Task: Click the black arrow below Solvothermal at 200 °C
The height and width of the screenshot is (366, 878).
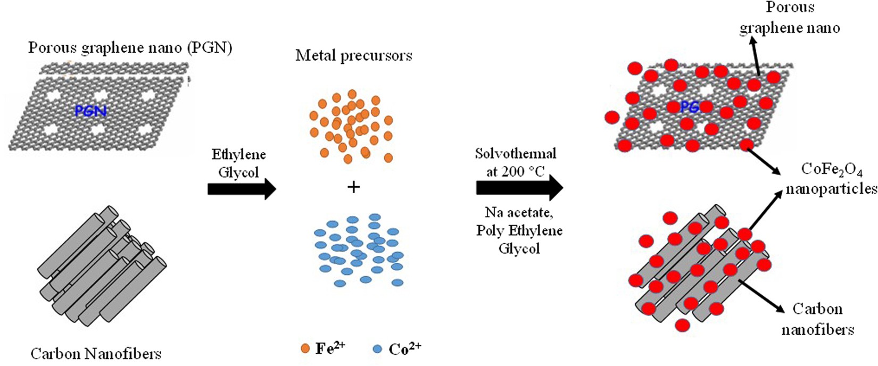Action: [519, 188]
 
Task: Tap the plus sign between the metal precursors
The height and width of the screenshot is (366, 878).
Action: [353, 187]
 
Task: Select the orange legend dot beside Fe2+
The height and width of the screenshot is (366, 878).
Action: [305, 348]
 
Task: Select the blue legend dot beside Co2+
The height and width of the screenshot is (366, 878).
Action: [377, 349]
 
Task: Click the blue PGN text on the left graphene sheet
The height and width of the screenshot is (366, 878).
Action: [90, 111]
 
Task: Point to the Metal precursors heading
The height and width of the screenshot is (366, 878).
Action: [354, 55]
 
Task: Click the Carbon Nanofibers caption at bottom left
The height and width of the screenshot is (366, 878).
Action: [96, 353]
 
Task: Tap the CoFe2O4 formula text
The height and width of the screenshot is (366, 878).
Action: [831, 170]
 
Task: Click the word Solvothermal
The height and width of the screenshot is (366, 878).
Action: [516, 154]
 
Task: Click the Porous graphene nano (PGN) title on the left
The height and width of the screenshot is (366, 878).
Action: [130, 48]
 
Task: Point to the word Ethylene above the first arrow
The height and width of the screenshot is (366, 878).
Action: [238, 154]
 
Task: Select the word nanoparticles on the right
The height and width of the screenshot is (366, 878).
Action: [831, 188]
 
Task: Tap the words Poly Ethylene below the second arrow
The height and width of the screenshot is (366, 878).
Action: [519, 230]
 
